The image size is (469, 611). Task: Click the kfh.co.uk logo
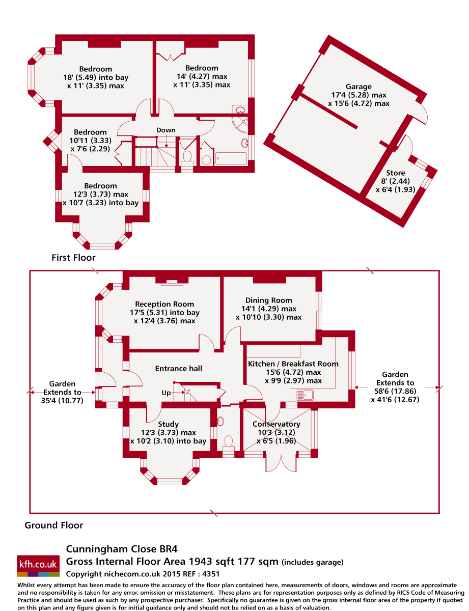pyautogui.click(x=38, y=566)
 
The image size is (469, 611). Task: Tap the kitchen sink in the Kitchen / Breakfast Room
pyautogui.click(x=305, y=395)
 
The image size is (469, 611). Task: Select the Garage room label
pyautogui.click(x=358, y=87)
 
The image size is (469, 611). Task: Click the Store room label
pyautogui.click(x=395, y=173)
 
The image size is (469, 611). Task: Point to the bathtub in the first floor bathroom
pyautogui.click(x=231, y=158)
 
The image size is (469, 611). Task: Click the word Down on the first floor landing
pyautogui.click(x=166, y=130)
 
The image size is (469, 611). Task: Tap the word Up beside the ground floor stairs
pyautogui.click(x=166, y=393)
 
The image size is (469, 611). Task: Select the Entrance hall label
pyautogui.click(x=179, y=368)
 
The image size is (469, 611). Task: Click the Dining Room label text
pyautogui.click(x=268, y=300)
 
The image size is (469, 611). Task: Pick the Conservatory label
pyautogui.click(x=276, y=424)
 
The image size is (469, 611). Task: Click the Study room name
pyautogui.click(x=168, y=424)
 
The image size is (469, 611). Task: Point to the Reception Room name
pyautogui.click(x=164, y=304)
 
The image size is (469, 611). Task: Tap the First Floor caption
pyautogui.click(x=73, y=258)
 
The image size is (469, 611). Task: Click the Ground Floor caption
pyautogui.click(x=53, y=525)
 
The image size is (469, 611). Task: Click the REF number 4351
pyautogui.click(x=211, y=574)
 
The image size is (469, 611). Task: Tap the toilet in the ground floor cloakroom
pyautogui.click(x=228, y=442)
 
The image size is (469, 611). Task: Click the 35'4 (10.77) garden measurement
pyautogui.click(x=62, y=400)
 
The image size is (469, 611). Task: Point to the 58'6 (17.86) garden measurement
pyautogui.click(x=395, y=391)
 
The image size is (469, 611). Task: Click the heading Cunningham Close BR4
pyautogui.click(x=122, y=549)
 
